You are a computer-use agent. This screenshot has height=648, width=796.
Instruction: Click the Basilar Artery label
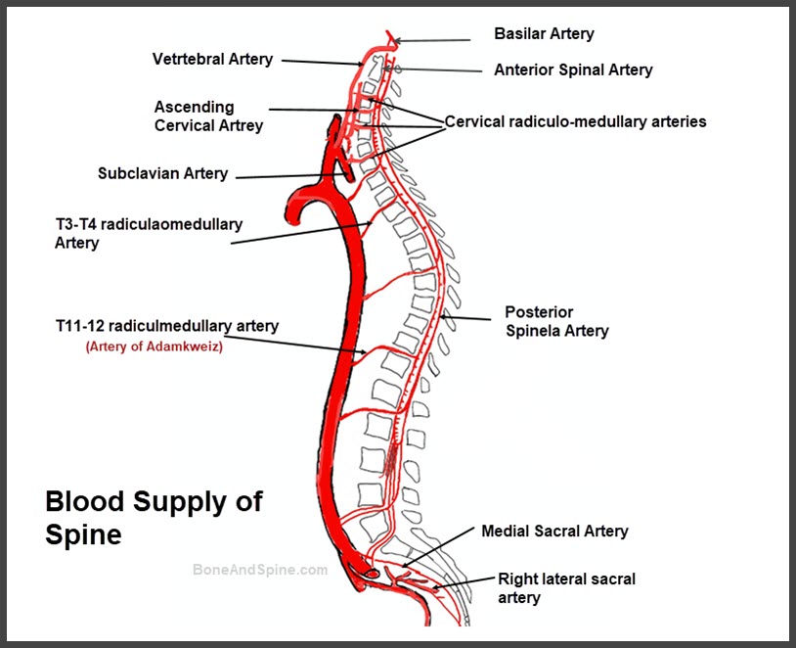point(544,33)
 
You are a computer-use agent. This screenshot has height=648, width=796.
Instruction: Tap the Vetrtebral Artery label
point(212,59)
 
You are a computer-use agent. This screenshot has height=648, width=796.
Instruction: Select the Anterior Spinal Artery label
point(573,69)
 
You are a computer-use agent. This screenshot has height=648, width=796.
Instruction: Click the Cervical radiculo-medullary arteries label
point(575,121)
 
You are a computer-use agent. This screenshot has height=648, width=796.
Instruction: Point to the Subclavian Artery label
point(162,173)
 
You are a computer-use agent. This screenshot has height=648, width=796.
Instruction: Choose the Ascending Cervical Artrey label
point(208,116)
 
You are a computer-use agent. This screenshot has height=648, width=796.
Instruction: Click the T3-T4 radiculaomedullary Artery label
point(149,233)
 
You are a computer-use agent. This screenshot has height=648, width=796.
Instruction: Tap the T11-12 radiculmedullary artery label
point(167,326)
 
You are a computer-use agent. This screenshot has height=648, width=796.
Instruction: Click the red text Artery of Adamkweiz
point(155,347)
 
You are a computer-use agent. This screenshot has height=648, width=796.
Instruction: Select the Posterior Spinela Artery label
point(556,321)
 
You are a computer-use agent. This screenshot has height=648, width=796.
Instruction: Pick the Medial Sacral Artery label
point(554,532)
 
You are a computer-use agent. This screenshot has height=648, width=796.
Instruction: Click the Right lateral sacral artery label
point(566,588)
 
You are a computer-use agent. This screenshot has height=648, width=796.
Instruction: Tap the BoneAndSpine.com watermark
point(260,570)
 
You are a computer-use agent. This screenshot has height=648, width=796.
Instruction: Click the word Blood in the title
point(85,501)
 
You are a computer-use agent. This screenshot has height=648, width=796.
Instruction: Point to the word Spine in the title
point(83,535)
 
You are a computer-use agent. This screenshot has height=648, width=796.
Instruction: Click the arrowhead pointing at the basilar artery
point(398,41)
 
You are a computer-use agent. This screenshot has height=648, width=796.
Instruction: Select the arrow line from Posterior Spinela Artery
point(465,318)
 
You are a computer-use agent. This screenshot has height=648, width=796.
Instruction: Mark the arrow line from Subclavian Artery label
point(291,176)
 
